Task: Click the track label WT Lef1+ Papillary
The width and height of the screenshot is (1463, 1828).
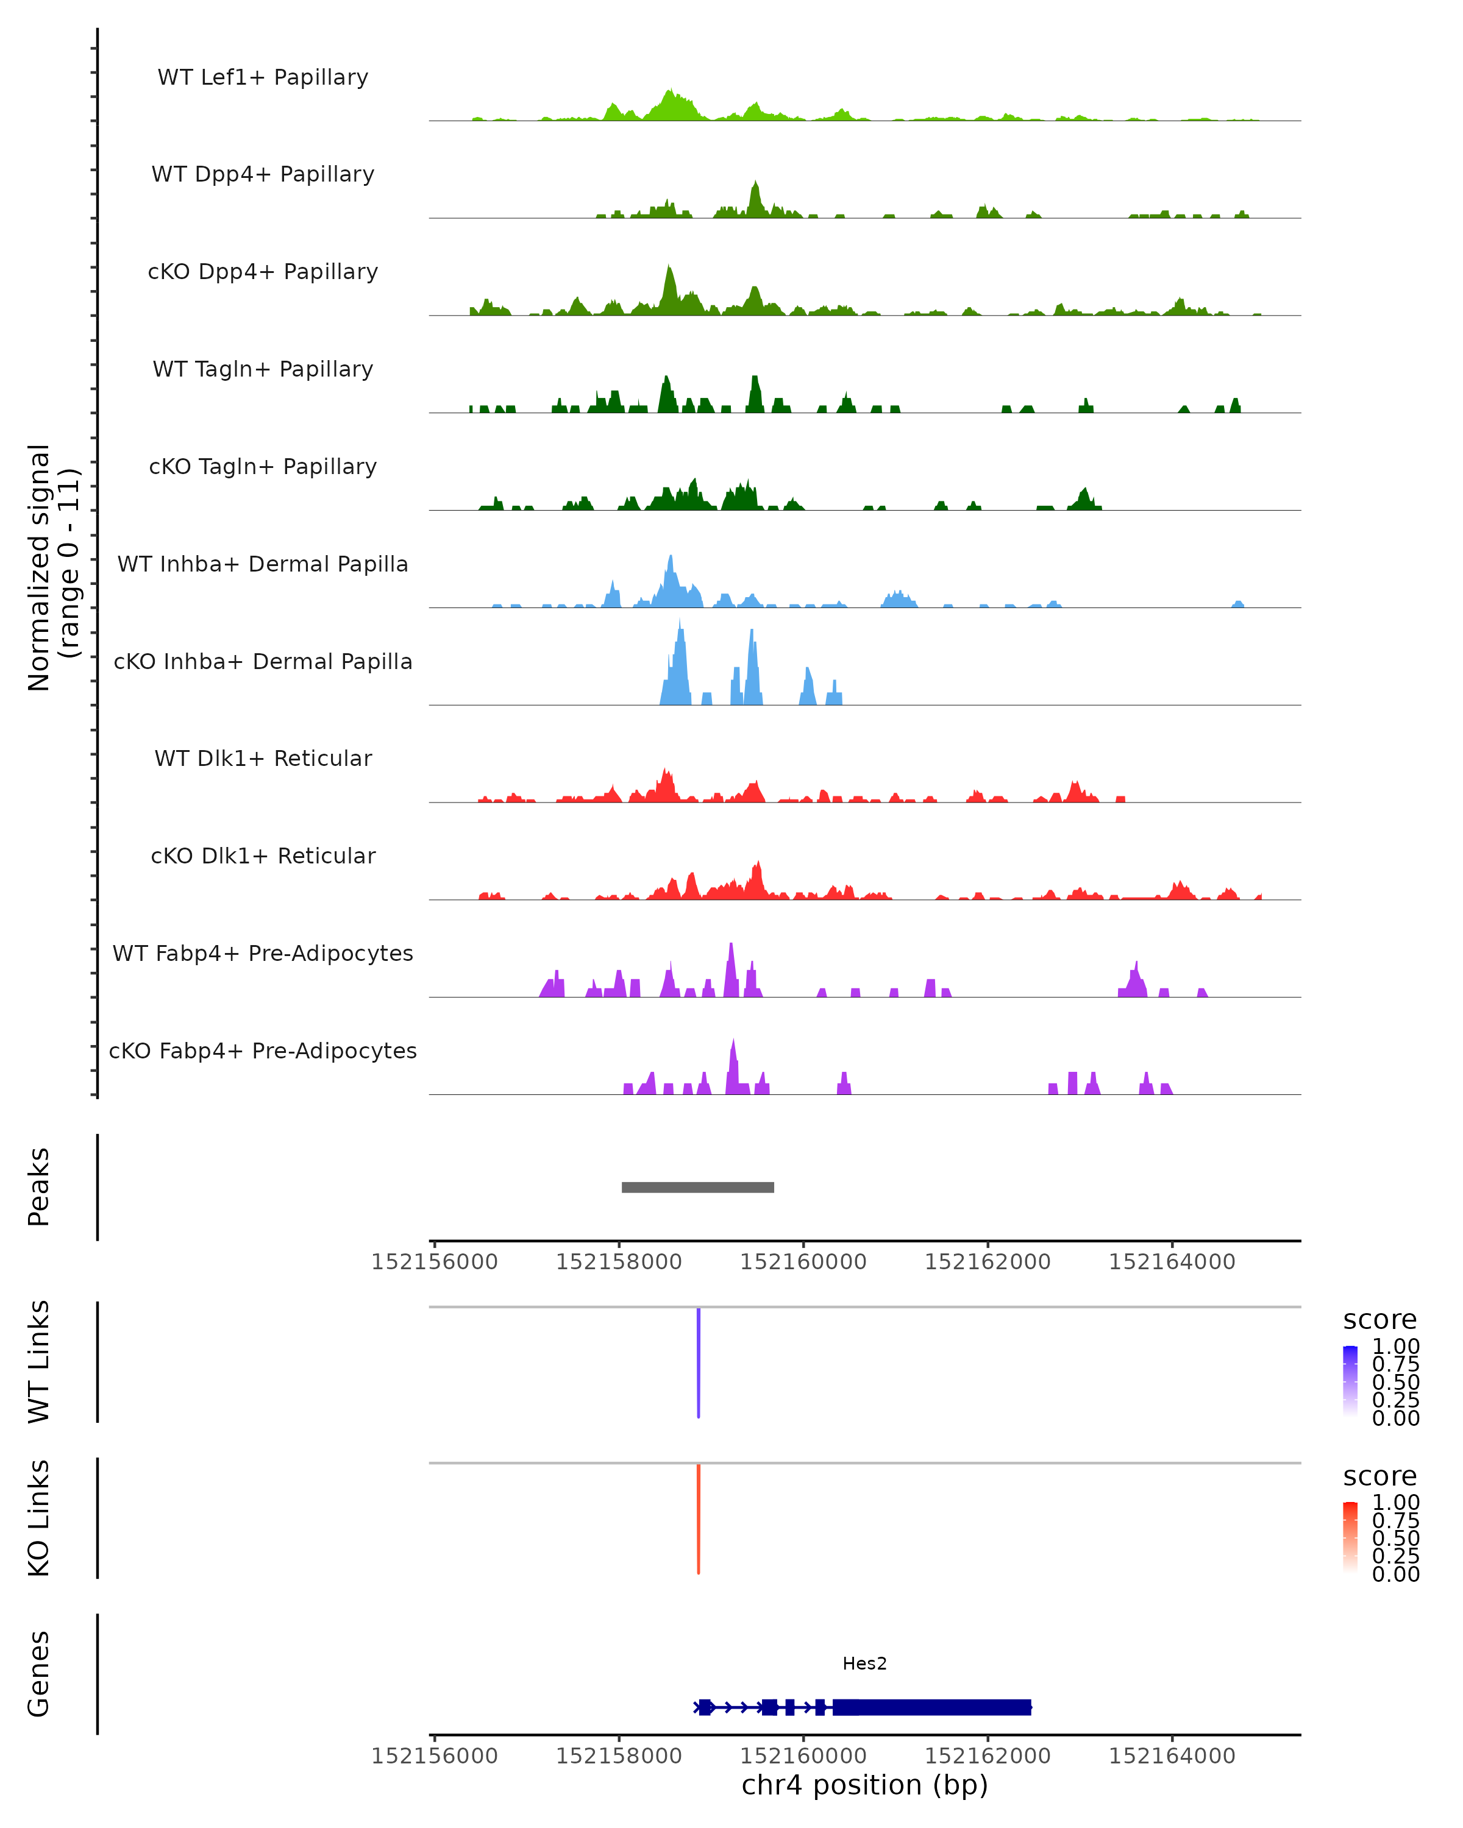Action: pos(263,77)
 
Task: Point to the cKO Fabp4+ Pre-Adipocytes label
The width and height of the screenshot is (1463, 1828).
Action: pos(263,1050)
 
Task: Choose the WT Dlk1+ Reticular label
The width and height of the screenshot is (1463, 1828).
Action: pos(263,758)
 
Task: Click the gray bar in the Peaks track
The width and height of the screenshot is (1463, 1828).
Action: pos(697,1187)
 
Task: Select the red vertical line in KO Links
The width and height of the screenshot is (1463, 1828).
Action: pos(698,1518)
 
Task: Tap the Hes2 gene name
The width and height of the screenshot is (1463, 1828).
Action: pos(864,1663)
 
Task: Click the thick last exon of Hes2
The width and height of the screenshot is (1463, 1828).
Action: pos(933,1707)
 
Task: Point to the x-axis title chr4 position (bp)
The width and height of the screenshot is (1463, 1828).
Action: pos(864,1785)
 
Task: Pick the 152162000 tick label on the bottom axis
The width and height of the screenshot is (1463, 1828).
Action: pos(987,1756)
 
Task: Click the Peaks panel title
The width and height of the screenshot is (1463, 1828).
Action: pos(38,1187)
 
